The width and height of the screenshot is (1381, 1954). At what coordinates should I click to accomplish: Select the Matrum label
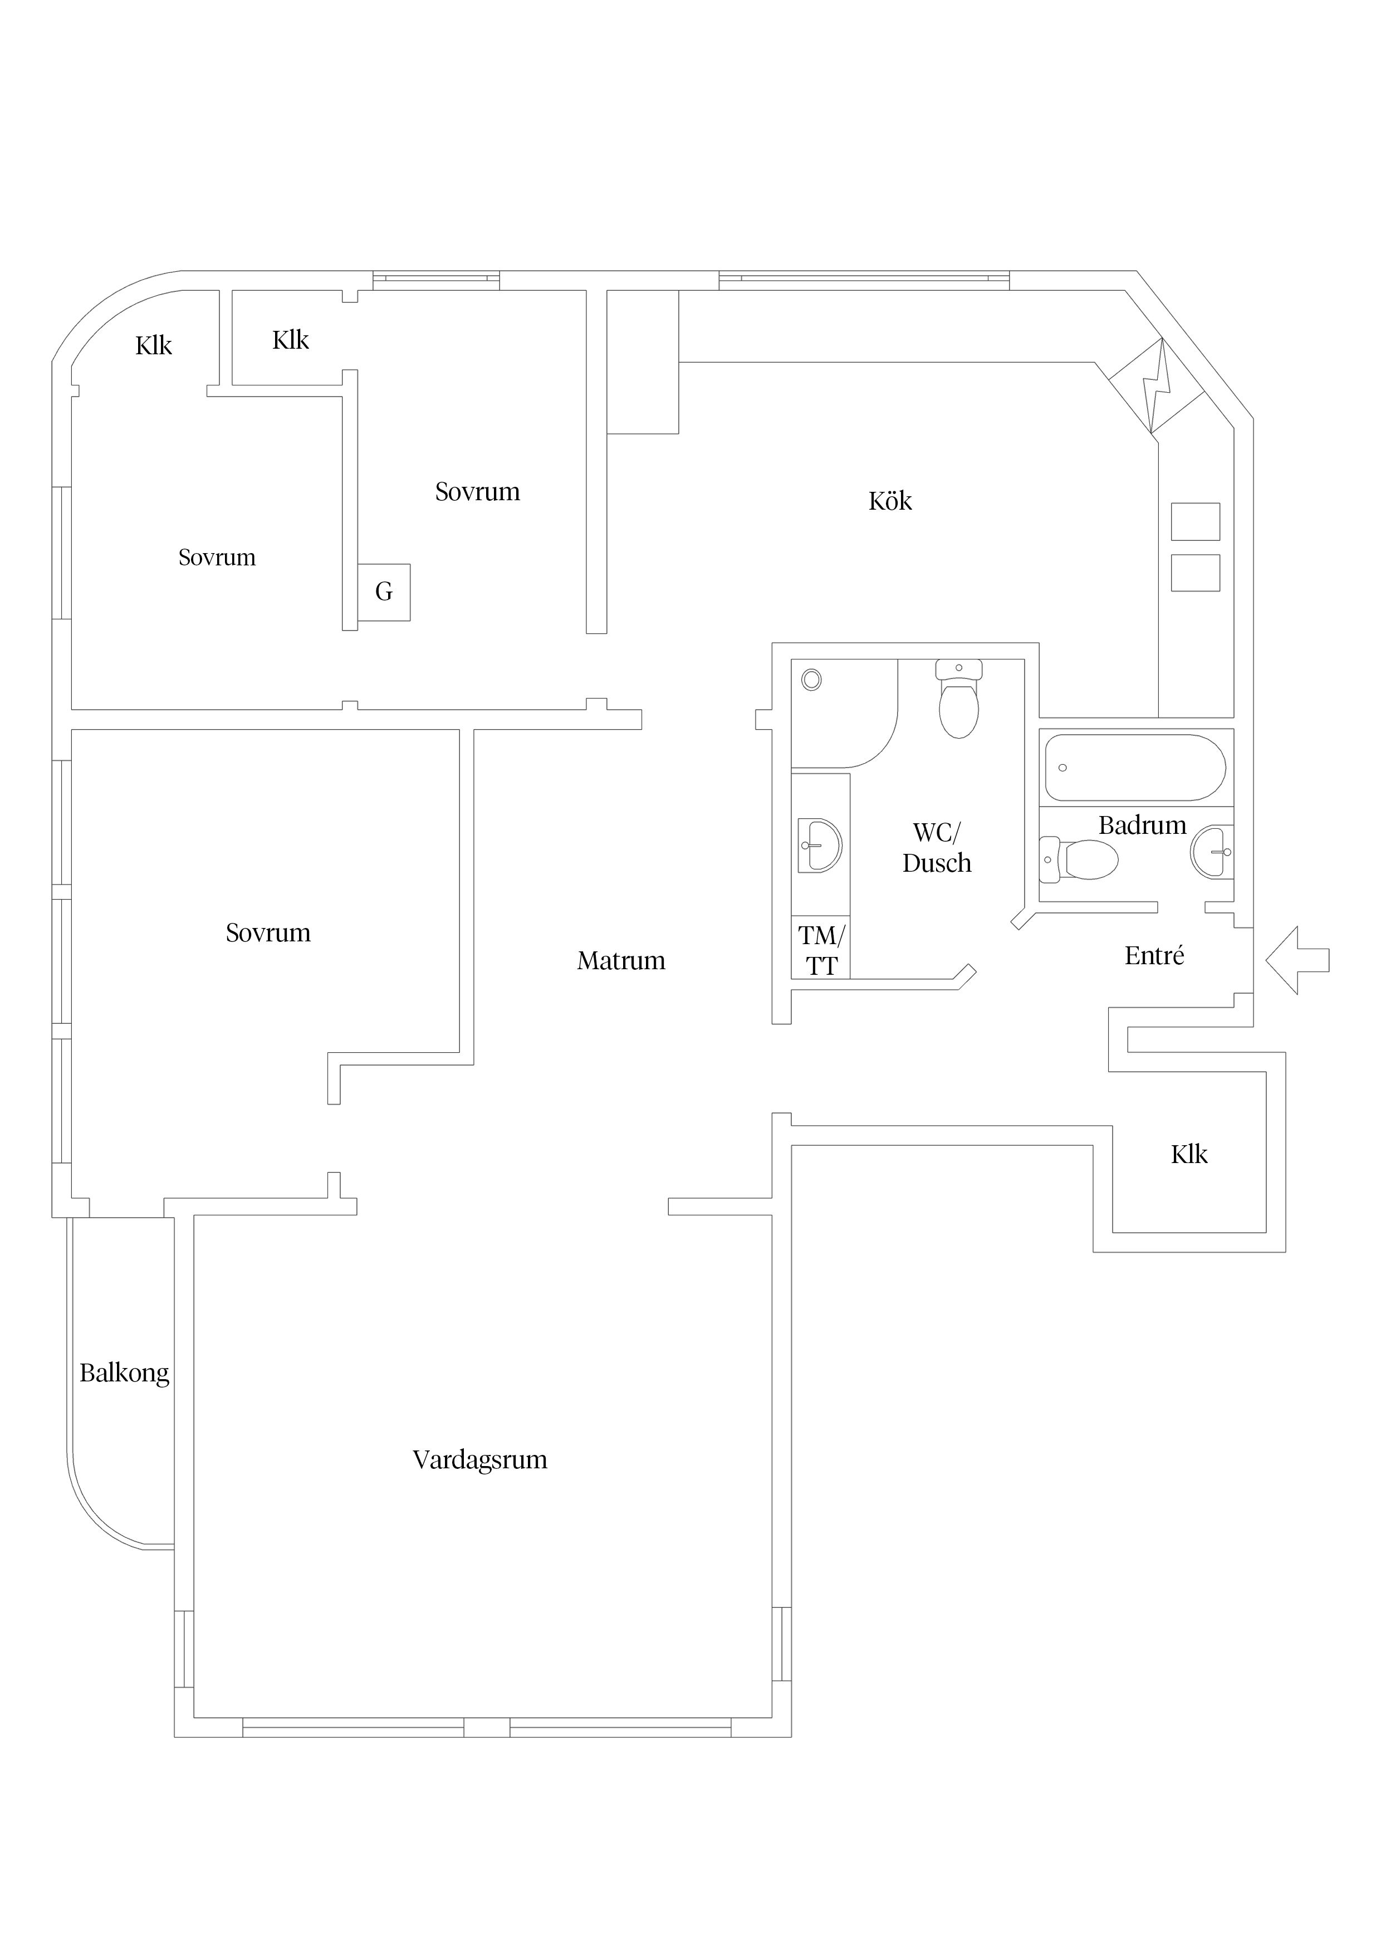point(621,961)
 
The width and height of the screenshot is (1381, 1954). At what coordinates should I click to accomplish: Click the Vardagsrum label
point(480,1460)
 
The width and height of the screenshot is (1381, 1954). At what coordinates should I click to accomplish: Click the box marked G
point(384,592)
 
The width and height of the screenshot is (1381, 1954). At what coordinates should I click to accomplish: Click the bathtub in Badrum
point(1135,768)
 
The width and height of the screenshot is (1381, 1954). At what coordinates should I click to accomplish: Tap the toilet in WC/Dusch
point(959,700)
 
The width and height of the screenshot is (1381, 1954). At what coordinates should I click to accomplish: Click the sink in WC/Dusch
point(819,846)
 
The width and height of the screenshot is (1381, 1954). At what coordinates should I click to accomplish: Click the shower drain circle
point(812,679)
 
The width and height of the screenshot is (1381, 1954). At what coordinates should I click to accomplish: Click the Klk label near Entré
point(1189,1155)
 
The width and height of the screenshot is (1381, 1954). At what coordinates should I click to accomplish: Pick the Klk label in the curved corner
point(154,345)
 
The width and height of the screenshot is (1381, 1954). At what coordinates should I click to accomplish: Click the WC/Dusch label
point(937,848)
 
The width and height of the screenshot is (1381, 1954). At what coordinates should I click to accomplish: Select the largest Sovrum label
point(268,933)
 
